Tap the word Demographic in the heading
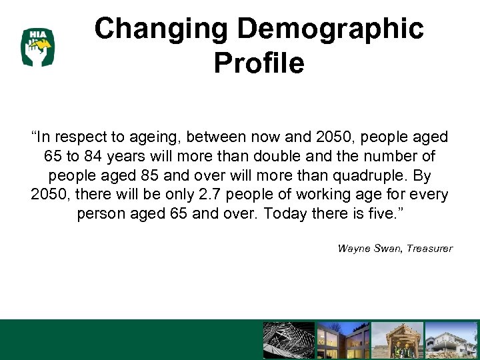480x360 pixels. point(331,29)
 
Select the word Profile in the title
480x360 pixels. point(259,63)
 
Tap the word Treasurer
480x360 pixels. point(428,249)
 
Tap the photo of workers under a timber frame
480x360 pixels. point(397,341)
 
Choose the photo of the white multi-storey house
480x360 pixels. point(451,341)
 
